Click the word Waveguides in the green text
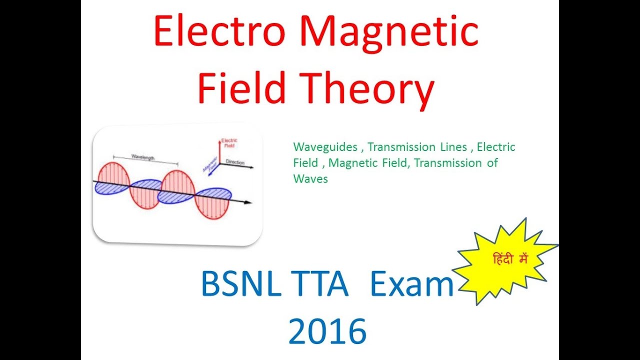325,147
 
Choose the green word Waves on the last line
310,179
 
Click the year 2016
327,331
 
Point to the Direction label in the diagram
235,162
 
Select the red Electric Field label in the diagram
229,143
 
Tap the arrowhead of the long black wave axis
248,202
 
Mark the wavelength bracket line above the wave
145,161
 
